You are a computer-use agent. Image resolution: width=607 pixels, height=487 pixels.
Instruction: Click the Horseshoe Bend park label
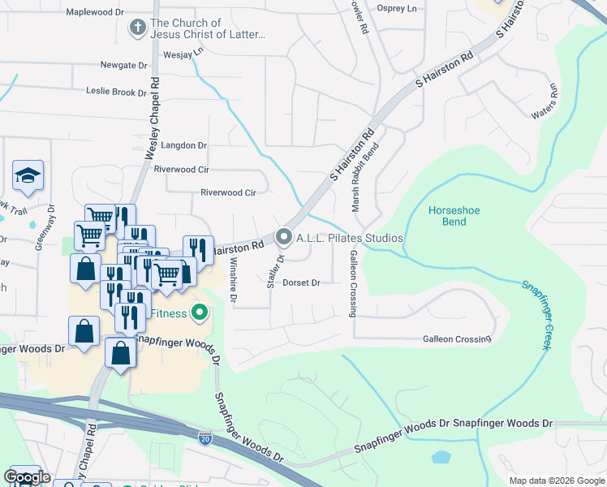point(454,216)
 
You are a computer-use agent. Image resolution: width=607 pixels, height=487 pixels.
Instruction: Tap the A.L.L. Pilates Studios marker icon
point(284,238)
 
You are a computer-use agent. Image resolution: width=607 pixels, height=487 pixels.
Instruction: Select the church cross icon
point(138,28)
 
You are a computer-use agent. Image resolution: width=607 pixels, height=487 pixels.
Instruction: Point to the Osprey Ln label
point(397,7)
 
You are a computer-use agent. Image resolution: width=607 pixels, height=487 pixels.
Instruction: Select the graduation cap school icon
point(28,175)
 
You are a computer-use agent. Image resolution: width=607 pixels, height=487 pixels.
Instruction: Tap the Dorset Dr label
point(303,283)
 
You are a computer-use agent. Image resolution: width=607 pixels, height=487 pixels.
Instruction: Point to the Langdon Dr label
point(184,145)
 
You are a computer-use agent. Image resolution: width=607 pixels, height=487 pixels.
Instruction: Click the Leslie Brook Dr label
point(110,93)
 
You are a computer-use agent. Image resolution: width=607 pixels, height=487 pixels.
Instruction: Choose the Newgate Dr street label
point(124,65)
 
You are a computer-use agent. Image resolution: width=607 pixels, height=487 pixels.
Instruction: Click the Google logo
point(27,478)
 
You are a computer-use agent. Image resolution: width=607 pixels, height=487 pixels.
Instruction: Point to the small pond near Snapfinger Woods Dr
point(441,457)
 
